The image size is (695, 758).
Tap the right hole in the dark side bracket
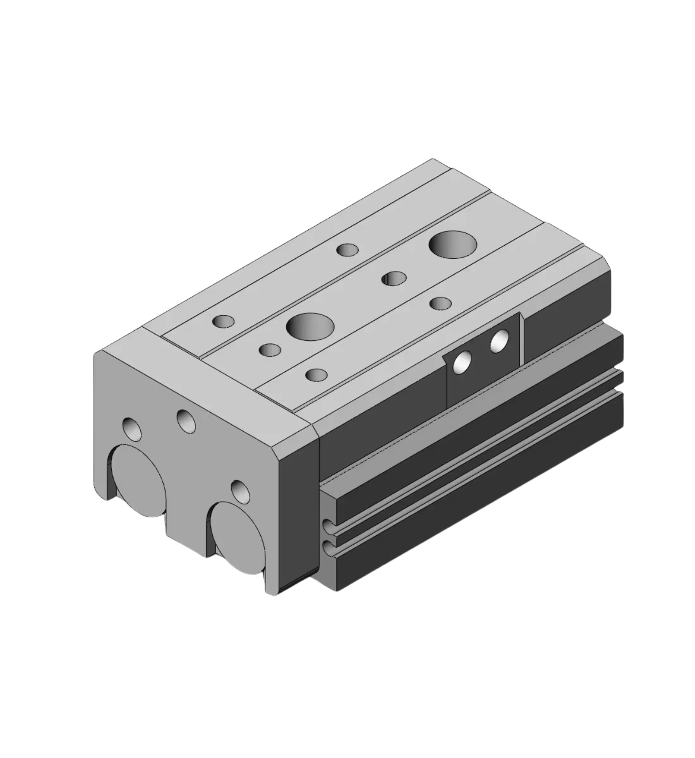point(499,340)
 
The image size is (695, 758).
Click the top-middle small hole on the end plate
point(186,420)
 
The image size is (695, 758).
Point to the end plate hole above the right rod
point(240,492)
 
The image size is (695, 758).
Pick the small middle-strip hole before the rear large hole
point(394,278)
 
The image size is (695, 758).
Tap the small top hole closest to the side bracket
point(440,303)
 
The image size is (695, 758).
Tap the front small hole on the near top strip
point(316,375)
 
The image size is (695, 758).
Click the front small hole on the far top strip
point(224,321)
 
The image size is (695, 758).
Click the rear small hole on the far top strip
point(347,250)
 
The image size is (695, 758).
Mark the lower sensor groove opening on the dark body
point(328,548)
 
